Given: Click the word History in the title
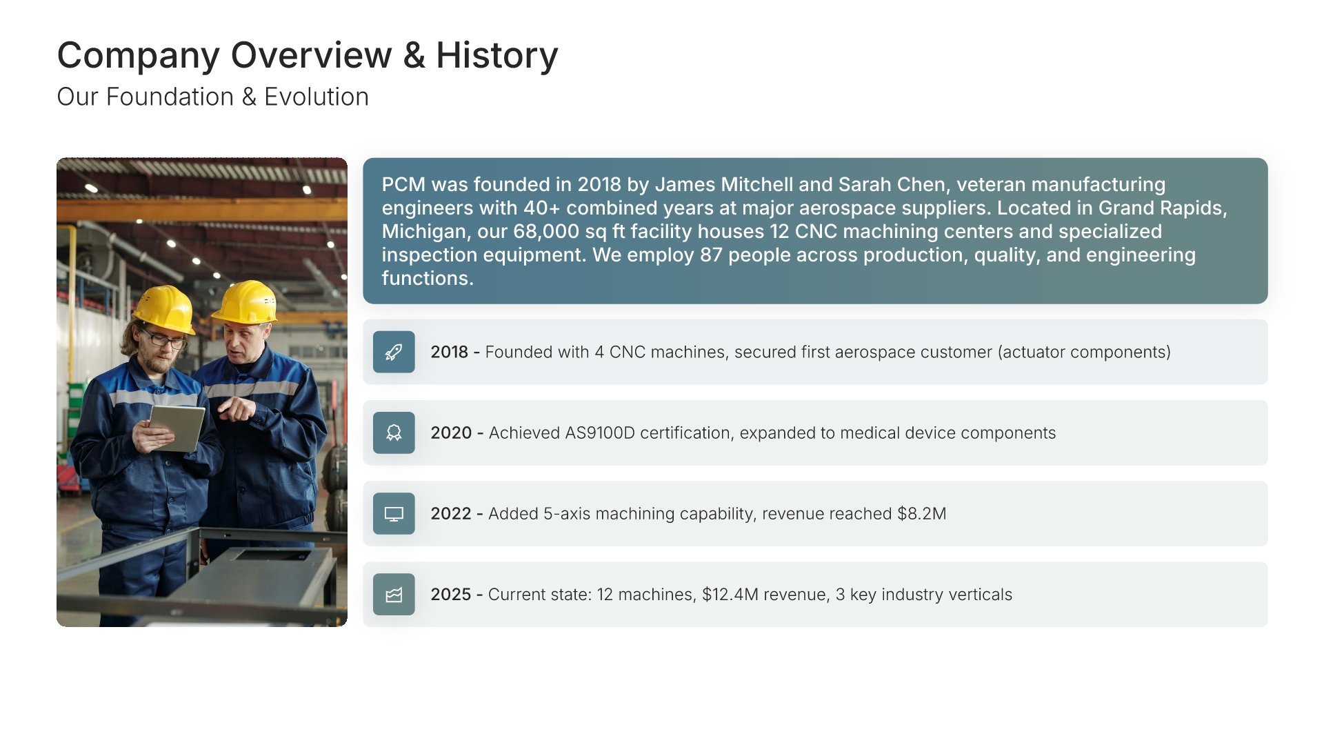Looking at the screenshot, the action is click(496, 55).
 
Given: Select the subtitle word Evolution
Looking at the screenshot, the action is click(317, 97).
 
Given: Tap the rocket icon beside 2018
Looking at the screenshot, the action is click(394, 352).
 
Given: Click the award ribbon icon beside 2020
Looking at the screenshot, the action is click(394, 433).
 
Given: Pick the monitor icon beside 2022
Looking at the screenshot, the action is click(394, 514).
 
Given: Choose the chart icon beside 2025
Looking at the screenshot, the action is click(394, 595).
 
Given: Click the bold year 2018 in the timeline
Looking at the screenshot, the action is click(450, 352).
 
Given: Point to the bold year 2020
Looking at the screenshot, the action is click(451, 433).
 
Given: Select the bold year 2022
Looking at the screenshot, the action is click(451, 514).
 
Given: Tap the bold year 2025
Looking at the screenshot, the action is click(451, 595).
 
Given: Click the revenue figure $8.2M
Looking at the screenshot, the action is click(921, 514).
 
